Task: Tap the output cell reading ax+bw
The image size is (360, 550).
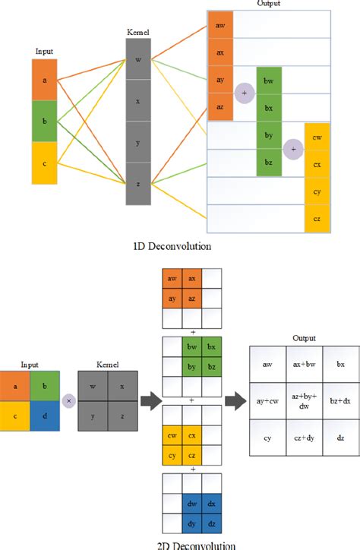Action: (303, 365)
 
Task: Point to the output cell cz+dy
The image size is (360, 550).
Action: (303, 438)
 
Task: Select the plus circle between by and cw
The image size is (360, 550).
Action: (293, 150)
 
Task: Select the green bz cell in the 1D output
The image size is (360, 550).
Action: (269, 163)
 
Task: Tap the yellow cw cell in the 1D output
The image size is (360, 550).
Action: (317, 136)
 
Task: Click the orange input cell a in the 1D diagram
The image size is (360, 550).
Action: (44, 81)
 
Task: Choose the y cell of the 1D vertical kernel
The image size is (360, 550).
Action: (138, 142)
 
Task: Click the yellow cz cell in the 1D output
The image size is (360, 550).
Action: (317, 218)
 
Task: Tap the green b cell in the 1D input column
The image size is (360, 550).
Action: (44, 122)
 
